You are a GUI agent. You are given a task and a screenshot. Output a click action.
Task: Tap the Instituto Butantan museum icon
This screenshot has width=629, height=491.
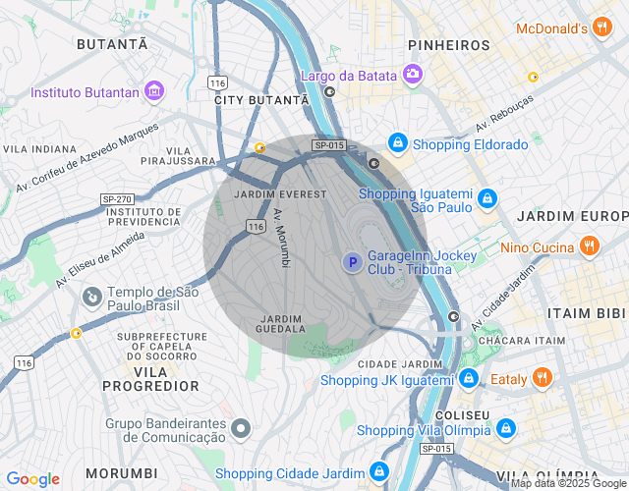coord(153,92)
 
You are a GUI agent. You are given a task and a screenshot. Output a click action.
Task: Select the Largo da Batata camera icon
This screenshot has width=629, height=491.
coord(413,74)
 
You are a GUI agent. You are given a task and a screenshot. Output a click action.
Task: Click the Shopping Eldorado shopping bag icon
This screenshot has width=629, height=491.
coord(397,144)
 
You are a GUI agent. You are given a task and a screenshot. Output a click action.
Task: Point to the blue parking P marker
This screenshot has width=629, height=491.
coord(351,262)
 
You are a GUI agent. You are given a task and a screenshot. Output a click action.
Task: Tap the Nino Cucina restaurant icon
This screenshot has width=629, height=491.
coord(589,246)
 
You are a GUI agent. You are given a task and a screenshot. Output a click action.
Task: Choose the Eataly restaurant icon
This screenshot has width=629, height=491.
coord(543,377)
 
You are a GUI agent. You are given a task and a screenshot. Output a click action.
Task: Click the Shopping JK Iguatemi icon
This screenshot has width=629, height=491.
coord(469,379)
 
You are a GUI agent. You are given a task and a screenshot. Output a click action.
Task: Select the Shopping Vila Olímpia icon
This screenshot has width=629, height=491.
coord(505,429)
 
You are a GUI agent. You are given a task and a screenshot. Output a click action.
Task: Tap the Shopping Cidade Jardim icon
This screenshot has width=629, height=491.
coord(378,472)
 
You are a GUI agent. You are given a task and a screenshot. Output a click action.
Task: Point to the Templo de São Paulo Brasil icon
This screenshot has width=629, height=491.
coord(91,296)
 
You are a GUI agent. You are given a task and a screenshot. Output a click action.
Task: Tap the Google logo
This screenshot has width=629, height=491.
coord(32,479)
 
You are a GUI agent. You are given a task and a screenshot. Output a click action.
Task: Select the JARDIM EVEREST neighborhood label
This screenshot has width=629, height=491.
coord(280,194)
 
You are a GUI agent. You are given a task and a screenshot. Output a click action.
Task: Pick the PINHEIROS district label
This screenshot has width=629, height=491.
coord(449,45)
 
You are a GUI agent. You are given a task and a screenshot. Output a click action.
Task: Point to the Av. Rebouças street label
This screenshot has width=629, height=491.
coord(504,115)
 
